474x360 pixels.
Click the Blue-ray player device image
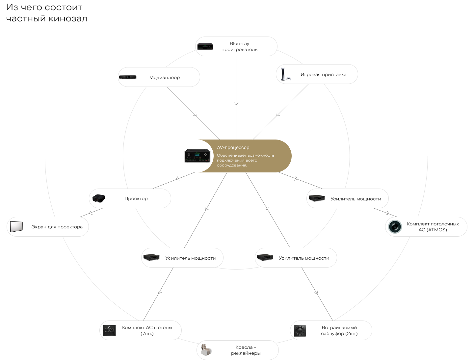[205, 46]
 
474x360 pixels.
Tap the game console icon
[285, 74]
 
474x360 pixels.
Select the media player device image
[128, 77]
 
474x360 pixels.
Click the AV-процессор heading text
[233, 147]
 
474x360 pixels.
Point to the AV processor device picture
[197, 156]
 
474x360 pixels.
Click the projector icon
[99, 198]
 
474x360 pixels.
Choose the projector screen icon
[16, 227]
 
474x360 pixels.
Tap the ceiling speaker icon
[395, 227]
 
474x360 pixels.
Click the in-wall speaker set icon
[109, 330]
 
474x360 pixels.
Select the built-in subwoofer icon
[300, 331]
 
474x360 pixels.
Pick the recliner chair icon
[206, 350]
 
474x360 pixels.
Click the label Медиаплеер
[164, 77]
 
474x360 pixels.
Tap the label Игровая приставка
[323, 74]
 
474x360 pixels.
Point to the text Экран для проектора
[57, 227]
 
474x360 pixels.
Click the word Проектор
[136, 198]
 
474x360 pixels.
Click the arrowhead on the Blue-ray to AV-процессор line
[236, 104]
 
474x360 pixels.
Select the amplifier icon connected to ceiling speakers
[317, 198]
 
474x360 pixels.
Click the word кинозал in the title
[68, 18]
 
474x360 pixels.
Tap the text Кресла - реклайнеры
[246, 350]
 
